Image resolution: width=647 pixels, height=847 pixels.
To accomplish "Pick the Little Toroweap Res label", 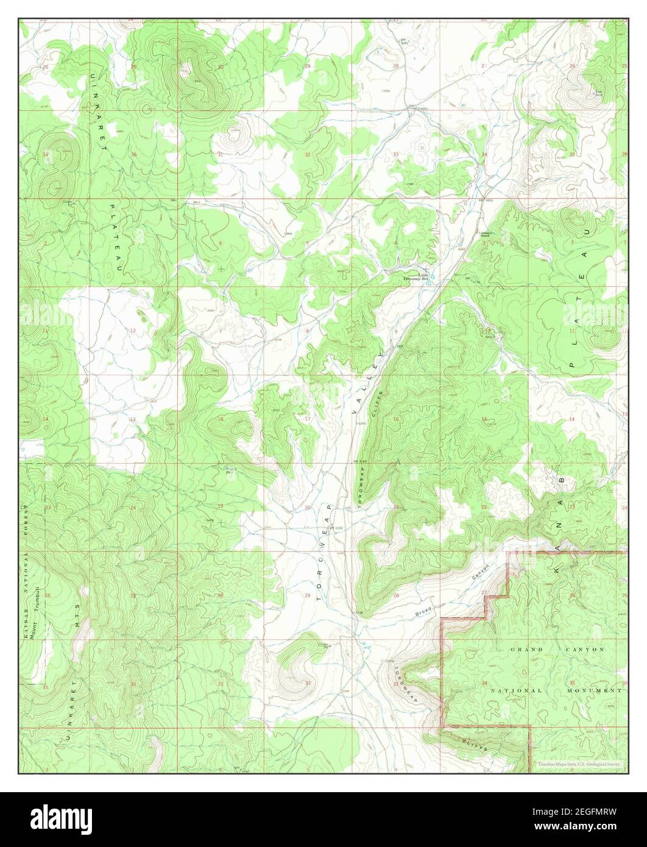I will click(x=416, y=277).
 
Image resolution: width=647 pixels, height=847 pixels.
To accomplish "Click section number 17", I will click(x=308, y=419).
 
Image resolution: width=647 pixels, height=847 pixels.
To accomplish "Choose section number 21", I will click(x=396, y=507).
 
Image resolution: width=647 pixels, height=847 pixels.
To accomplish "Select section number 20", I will click(x=308, y=507).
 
